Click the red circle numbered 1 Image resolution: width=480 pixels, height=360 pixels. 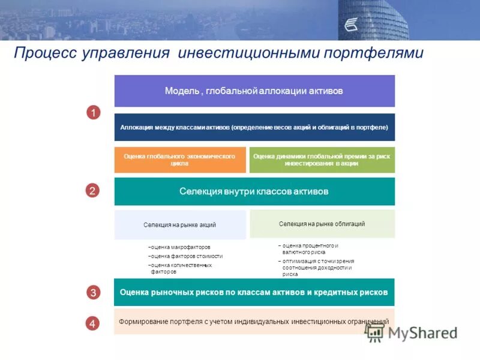pos(93,112)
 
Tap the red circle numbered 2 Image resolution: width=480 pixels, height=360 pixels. pos(93,191)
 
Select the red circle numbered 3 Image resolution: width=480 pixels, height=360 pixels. pos(93,293)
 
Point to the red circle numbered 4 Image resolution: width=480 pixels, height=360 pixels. pos(93,323)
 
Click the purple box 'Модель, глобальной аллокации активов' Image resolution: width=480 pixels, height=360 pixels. pos(254,91)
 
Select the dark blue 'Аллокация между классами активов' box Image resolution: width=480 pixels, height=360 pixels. pos(254,127)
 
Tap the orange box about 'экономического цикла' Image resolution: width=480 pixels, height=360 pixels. pos(180,160)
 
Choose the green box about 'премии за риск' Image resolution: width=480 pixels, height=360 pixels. pos(322,160)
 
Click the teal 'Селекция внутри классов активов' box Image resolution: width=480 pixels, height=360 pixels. pos(254,191)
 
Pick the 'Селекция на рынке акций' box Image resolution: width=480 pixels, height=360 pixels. pos(180,224)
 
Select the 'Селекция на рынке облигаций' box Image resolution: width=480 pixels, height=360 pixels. pos(322,223)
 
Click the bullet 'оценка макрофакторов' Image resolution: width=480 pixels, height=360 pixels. pos(179,247)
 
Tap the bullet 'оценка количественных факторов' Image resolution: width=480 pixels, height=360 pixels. pos(180,268)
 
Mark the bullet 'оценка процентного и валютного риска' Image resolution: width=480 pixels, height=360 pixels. pos(309,249)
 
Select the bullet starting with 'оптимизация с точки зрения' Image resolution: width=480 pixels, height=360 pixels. pos(316,268)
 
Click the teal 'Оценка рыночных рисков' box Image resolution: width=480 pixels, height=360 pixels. pos(254,292)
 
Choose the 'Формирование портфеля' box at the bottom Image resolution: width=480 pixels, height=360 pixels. pos(254,322)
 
